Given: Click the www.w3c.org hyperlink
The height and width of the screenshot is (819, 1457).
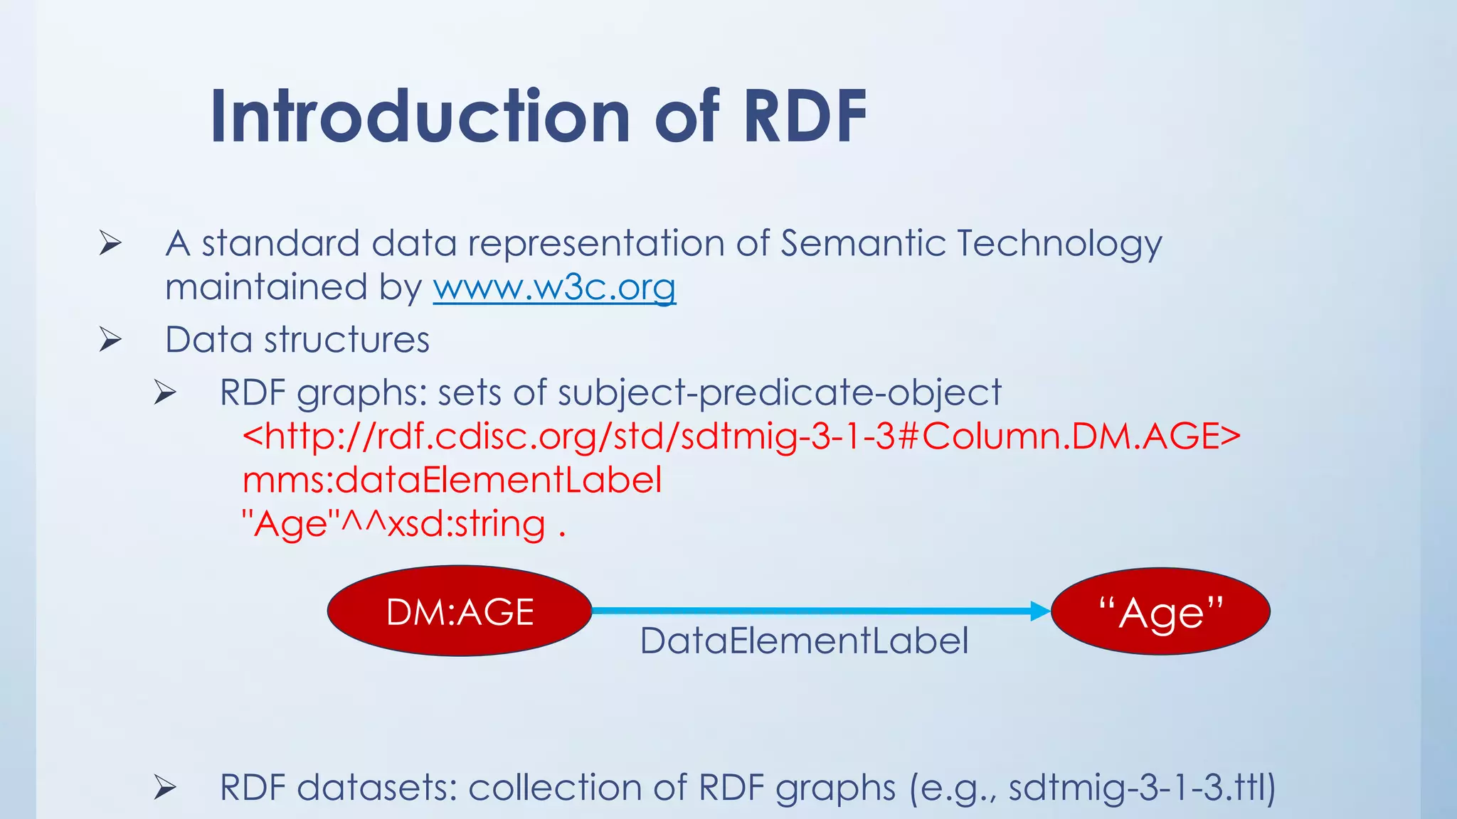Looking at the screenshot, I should point(554,288).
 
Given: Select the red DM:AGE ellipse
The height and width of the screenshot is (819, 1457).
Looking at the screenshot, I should point(460,611).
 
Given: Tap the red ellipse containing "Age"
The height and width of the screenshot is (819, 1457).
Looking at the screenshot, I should point(1160,611).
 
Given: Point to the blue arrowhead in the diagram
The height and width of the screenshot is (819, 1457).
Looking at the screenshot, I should point(1040,611).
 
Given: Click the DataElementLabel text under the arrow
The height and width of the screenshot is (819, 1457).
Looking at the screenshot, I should point(804,641).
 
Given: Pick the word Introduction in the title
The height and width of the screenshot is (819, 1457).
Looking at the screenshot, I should point(420,117).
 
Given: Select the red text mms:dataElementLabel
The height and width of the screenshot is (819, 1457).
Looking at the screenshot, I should point(452,480).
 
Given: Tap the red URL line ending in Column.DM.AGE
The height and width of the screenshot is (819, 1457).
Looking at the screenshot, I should point(741,436).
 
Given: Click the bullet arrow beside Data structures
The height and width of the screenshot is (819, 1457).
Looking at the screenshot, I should point(110,340).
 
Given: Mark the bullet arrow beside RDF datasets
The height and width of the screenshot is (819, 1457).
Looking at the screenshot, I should point(165,787).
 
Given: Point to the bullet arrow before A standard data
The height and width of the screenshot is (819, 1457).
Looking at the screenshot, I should point(110,243).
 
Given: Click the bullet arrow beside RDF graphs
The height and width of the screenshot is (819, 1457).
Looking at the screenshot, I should point(165,392).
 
